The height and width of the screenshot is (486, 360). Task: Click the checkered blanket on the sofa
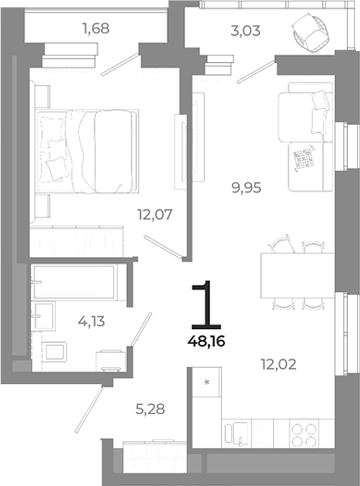click(304, 157)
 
